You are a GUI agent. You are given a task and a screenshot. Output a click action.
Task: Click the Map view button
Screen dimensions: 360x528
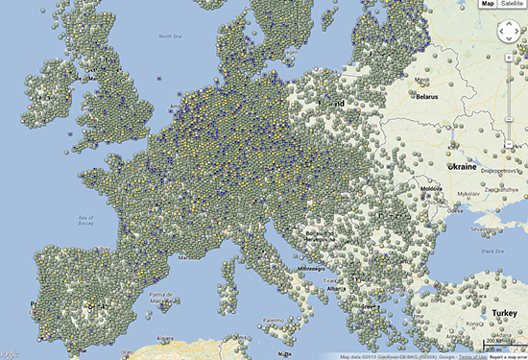click(x=489, y=5)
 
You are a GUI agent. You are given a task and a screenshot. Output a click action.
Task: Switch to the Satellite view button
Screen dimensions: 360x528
click(x=512, y=5)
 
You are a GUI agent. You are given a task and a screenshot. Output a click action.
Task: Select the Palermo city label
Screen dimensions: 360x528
click(x=276, y=320)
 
